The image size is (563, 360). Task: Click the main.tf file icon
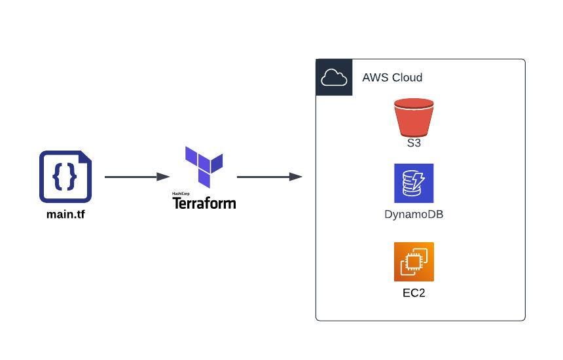[x=65, y=177]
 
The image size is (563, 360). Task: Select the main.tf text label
[x=65, y=214]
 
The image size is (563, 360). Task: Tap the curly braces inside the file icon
[x=65, y=175]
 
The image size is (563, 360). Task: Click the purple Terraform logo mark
[x=204, y=166]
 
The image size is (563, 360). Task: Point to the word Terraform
[x=204, y=203]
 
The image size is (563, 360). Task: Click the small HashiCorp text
[x=181, y=194]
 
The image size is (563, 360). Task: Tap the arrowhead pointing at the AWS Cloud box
[x=296, y=177]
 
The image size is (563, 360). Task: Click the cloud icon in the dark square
[x=334, y=78]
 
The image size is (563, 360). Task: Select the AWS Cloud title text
[x=392, y=78]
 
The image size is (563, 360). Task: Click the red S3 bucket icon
[x=414, y=117]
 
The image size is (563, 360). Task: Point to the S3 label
[x=414, y=143]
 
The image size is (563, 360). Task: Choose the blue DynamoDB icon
[x=414, y=183]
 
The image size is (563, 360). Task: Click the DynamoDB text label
[x=414, y=214]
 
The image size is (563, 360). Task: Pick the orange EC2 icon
[x=414, y=262]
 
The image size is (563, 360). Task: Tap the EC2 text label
[x=414, y=293]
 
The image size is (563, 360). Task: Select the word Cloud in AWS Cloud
[x=407, y=78]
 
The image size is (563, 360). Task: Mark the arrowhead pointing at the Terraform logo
[x=164, y=177]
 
